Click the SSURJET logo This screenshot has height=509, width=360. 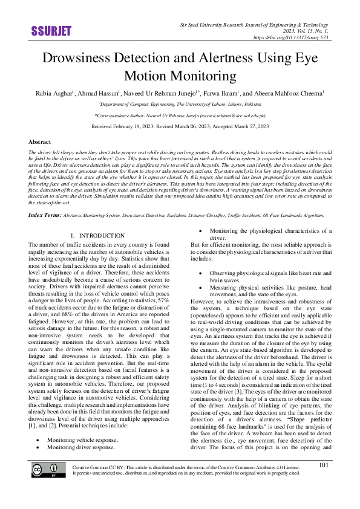tap(50, 31)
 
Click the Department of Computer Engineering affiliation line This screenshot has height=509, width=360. tap(180, 105)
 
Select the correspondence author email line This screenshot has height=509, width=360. tap(180, 115)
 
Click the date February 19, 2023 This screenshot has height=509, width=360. tap(133, 127)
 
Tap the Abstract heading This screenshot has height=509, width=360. tap(40, 141)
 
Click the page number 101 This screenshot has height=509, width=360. tap(324, 482)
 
